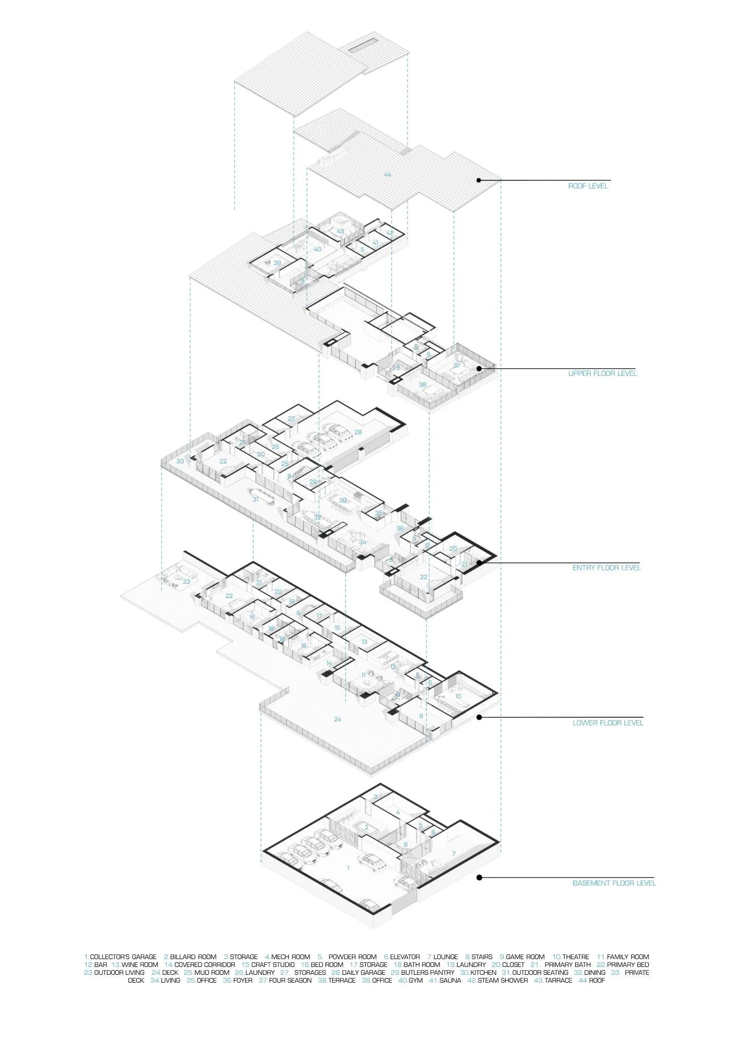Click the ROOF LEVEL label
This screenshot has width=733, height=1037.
pyautogui.click(x=588, y=186)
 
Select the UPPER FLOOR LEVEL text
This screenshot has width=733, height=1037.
pyautogui.click(x=602, y=373)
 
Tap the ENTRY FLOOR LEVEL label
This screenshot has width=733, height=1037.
pyautogui.click(x=606, y=567)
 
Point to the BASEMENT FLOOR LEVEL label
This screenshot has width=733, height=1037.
pyautogui.click(x=614, y=883)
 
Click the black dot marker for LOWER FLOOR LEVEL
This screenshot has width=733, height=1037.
pyautogui.click(x=479, y=717)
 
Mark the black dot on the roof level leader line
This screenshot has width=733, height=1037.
pyautogui.click(x=479, y=180)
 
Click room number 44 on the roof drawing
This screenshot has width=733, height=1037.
pyautogui.click(x=387, y=174)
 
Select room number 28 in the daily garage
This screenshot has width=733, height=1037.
pyautogui.click(x=358, y=432)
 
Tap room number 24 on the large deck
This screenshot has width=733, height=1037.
pyautogui.click(x=338, y=719)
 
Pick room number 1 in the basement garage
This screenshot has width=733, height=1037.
pyautogui.click(x=348, y=867)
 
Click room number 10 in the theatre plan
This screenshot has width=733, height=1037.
pyautogui.click(x=458, y=696)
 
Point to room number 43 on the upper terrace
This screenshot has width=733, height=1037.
pyautogui.click(x=340, y=231)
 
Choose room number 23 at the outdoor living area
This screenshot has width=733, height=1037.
pyautogui.click(x=186, y=581)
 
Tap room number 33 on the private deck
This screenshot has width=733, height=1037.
pyautogui.click(x=180, y=461)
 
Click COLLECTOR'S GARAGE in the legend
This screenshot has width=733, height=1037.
pyautogui.click(x=123, y=957)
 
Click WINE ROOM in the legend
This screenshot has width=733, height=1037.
pyautogui.click(x=139, y=964)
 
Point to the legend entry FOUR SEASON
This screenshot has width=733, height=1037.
pyautogui.click(x=290, y=980)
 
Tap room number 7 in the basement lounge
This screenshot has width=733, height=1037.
pyautogui.click(x=453, y=854)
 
